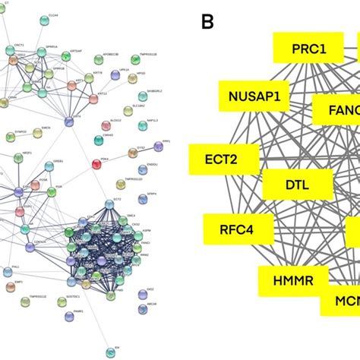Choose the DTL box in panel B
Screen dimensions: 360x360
296,185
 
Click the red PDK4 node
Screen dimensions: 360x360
96,164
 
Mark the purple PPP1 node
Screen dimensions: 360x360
158,146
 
